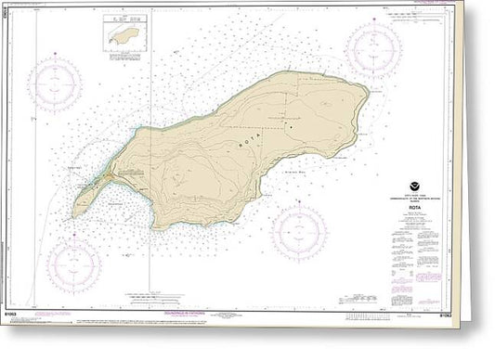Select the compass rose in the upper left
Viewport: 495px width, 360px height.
(55, 84)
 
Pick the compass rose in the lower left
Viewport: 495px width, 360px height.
(74, 265)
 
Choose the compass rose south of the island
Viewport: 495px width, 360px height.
(299, 231)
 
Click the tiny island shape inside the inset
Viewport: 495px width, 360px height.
(123, 38)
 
